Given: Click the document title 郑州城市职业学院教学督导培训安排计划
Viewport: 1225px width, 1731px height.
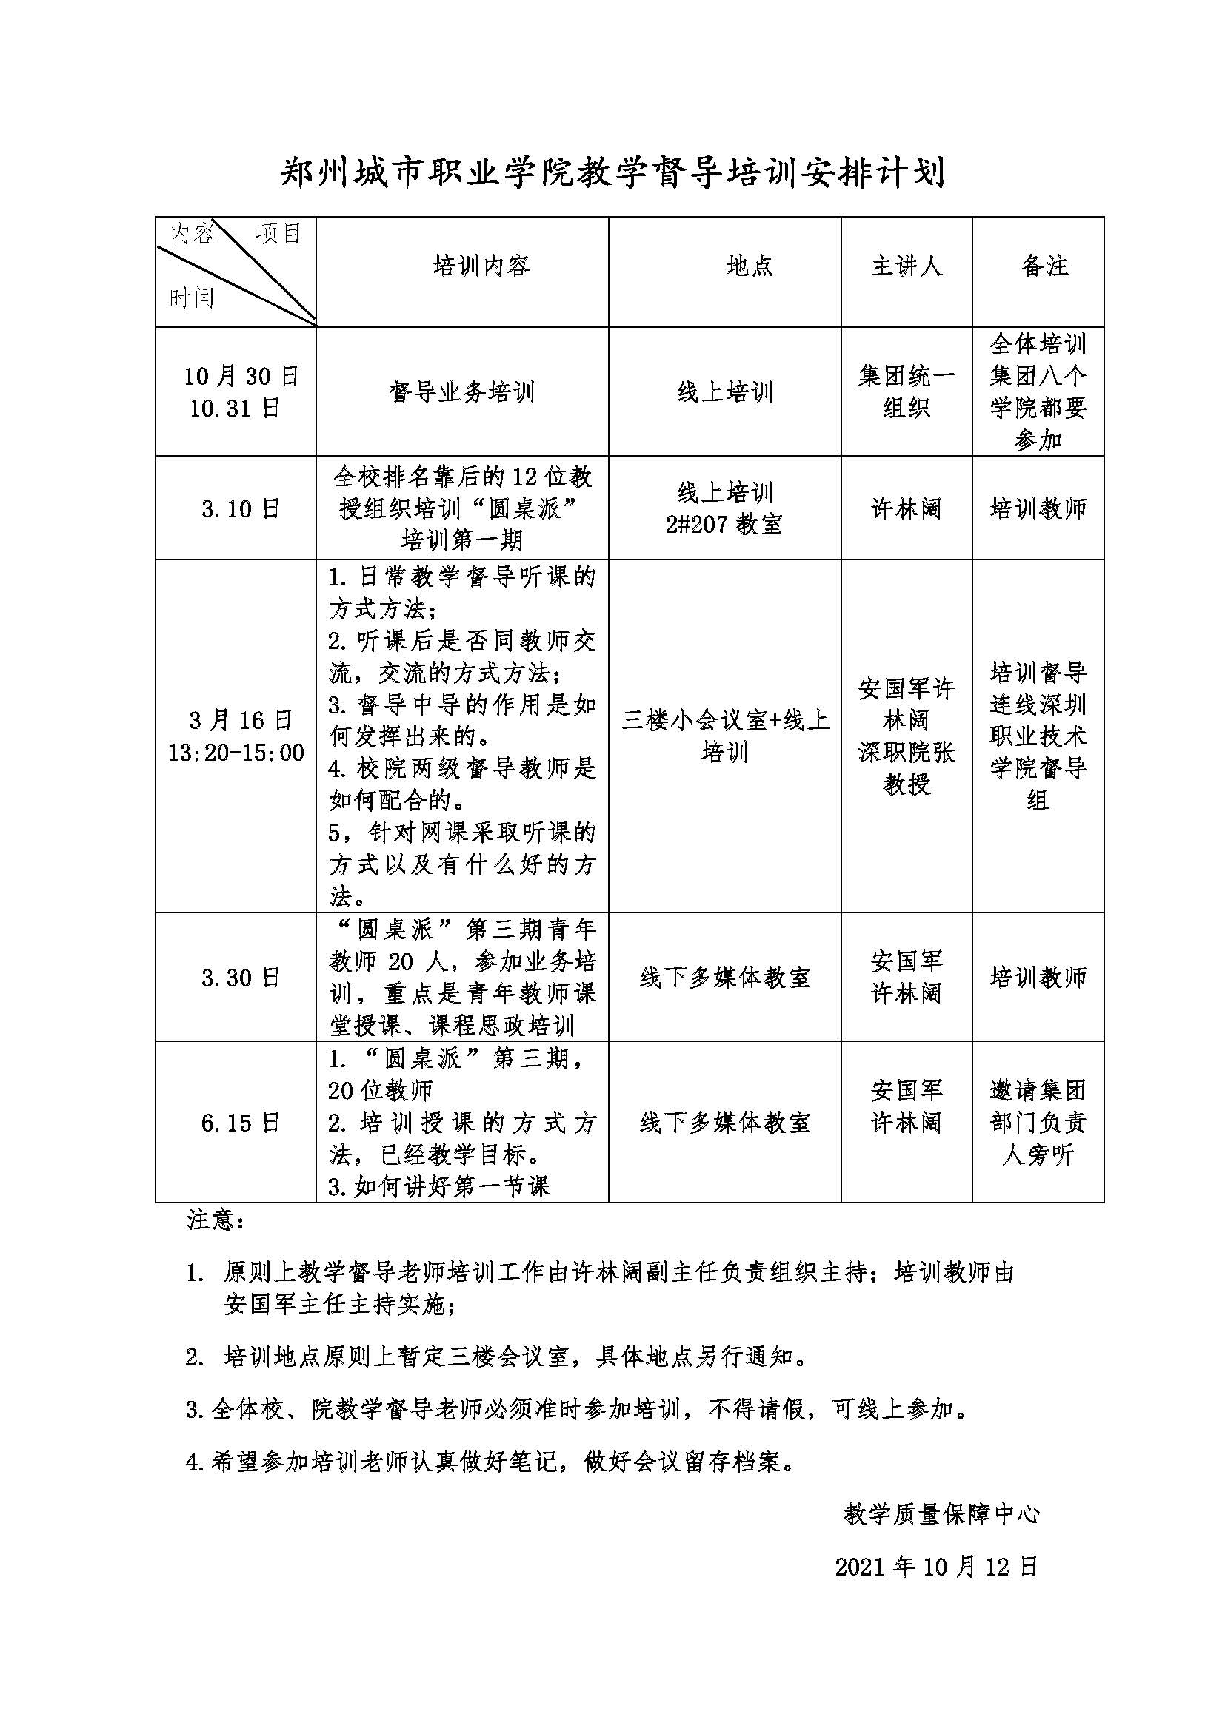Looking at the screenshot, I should tap(612, 174).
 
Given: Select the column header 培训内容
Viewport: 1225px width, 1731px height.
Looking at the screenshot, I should tap(481, 266).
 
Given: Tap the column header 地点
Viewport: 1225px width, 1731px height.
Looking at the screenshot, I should tap(749, 266).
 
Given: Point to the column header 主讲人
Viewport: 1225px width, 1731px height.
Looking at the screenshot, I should tap(906, 266).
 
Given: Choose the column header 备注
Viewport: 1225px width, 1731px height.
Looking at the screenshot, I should tap(1045, 266).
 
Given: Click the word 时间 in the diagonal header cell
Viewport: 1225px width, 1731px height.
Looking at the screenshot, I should tap(192, 298).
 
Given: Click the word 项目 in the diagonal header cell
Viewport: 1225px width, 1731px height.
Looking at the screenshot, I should tap(278, 234).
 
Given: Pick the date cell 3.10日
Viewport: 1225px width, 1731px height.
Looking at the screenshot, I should tap(241, 509).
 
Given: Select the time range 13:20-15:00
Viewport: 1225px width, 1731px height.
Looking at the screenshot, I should tap(236, 753).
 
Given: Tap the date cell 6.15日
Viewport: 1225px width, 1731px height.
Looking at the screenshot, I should tap(241, 1123).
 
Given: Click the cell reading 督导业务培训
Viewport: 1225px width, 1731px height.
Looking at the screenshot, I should tap(461, 392).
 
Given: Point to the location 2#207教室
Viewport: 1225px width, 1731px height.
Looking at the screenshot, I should tap(724, 525).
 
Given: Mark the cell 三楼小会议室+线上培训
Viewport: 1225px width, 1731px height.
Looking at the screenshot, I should tap(724, 736).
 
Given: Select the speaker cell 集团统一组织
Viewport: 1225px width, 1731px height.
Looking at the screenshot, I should tap(906, 392).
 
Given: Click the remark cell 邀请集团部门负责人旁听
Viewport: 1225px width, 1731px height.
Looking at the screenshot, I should tap(1038, 1123).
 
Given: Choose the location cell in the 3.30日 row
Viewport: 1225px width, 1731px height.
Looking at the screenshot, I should tap(724, 978).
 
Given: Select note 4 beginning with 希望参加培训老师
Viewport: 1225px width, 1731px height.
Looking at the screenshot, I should tap(490, 1462).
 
